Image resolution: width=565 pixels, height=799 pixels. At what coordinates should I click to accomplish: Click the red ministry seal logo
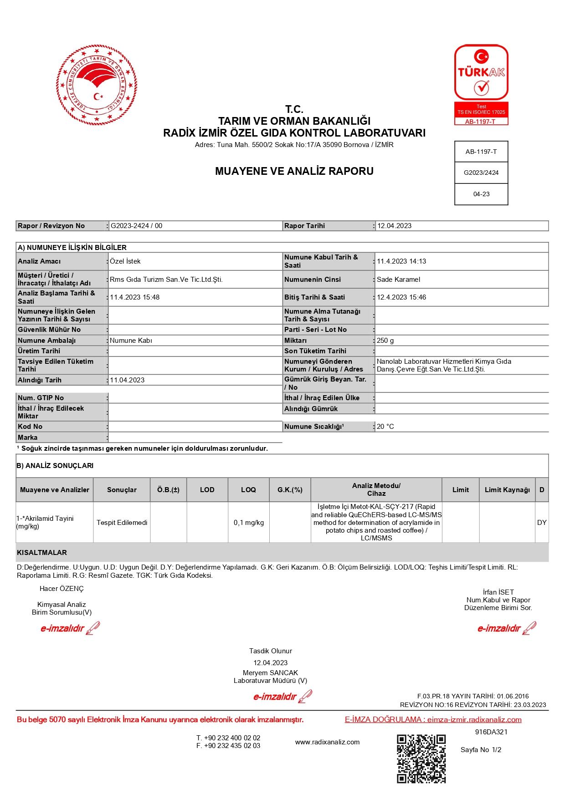pos(97,85)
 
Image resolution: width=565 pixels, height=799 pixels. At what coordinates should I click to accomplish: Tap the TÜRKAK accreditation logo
pos(481,84)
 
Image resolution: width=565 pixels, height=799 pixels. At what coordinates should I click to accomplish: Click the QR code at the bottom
pos(421,758)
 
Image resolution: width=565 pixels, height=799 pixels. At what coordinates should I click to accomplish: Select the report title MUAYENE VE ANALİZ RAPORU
pos(294,171)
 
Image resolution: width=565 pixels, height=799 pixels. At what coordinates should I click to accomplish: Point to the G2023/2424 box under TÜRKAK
pos(481,173)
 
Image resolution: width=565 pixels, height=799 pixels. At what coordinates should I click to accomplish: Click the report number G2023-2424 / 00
pos(137,226)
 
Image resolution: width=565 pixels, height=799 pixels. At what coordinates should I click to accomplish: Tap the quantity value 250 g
pos(385,341)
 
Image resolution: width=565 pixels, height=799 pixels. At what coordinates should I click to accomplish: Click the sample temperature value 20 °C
pos(385,427)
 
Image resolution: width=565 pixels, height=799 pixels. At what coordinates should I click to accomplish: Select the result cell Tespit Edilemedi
pos(122,523)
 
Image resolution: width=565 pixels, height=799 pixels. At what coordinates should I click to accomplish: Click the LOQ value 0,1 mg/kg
pos(249,523)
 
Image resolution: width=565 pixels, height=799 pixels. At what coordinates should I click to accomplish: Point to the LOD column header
pos(207,490)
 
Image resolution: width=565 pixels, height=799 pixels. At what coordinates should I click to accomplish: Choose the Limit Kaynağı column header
pos(507,490)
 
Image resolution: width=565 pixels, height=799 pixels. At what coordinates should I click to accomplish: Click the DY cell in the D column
pos(542,523)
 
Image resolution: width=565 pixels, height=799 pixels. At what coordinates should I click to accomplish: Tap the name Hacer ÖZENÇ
pos(62,589)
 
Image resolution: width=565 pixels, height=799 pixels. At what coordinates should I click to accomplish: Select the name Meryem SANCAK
pos(270,673)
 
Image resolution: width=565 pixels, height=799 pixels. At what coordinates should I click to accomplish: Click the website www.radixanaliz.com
pos(327,742)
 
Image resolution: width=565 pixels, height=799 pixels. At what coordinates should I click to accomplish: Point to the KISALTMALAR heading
pos(42,553)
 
